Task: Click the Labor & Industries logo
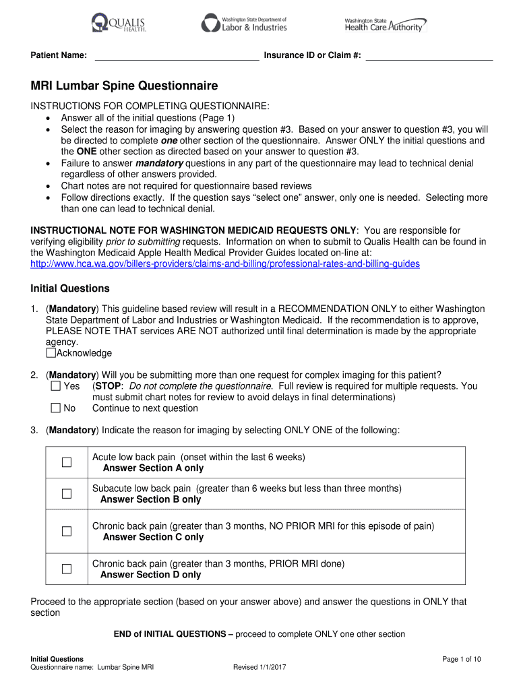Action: point(244,24)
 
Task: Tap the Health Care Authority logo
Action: point(385,25)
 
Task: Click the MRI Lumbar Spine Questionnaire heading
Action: point(125,86)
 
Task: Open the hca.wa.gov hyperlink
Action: point(225,263)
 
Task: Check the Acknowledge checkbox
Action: point(51,353)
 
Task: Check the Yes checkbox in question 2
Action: point(55,387)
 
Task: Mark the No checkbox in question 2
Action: point(55,408)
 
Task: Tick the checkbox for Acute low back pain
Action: point(67,462)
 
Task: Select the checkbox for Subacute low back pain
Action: point(67,494)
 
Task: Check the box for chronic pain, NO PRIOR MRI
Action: point(67,532)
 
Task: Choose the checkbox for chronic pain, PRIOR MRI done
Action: point(67,569)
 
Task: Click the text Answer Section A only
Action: point(153,468)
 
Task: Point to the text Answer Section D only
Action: point(150,575)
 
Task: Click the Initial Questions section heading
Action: point(70,288)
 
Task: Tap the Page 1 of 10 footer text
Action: point(461,659)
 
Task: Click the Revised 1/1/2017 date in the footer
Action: point(260,667)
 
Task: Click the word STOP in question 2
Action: point(107,387)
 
